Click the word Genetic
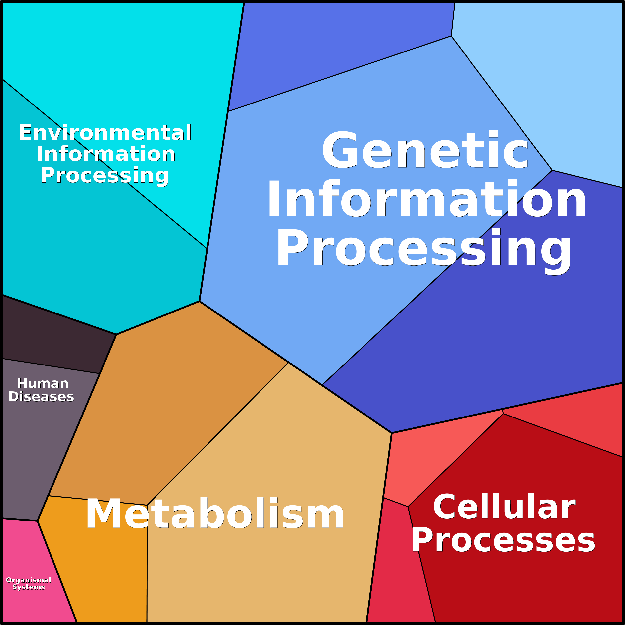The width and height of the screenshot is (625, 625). [425, 150]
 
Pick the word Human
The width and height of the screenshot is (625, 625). [43, 383]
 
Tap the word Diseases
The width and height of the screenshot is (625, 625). [41, 397]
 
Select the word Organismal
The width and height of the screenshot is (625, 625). [28, 580]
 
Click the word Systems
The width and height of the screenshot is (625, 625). [28, 587]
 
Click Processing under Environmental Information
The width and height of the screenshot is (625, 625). [104, 175]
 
